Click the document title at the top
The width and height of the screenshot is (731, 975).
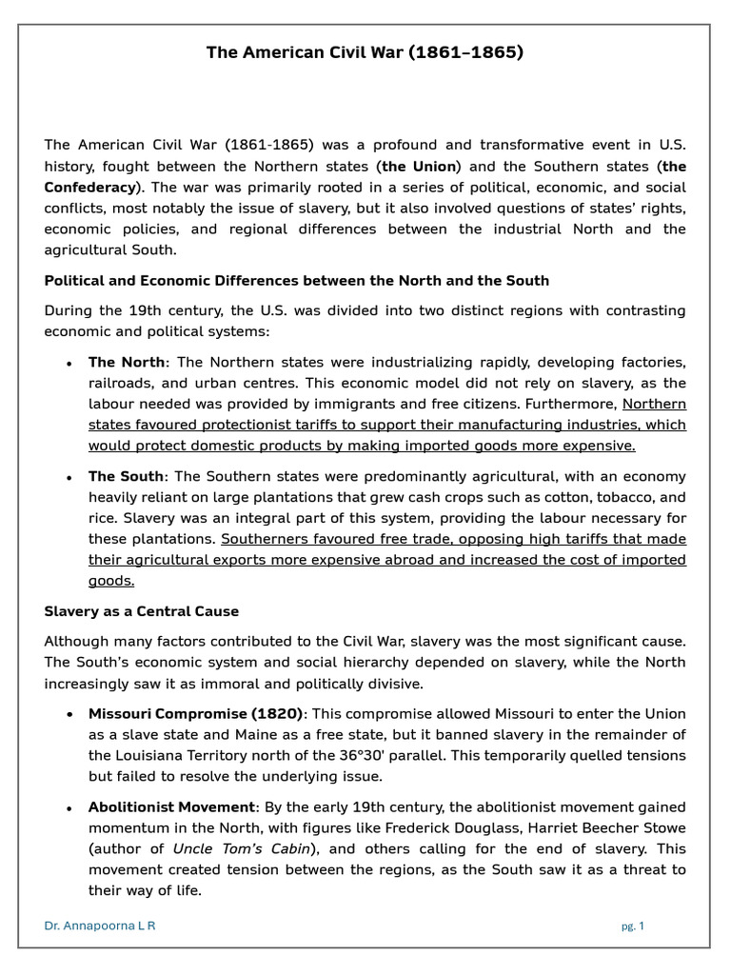(x=365, y=52)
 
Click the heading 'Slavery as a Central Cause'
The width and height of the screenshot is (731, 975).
(x=142, y=611)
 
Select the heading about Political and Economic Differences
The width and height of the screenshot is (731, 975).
(x=297, y=280)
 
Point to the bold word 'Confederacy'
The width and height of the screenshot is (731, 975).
(x=90, y=187)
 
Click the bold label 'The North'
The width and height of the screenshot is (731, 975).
(x=127, y=362)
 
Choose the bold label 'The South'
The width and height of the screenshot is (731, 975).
(x=127, y=476)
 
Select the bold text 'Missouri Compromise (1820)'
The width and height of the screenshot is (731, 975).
(x=195, y=713)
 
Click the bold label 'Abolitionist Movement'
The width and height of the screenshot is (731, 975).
(x=172, y=806)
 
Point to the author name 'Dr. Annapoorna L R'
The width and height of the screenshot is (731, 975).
(x=100, y=925)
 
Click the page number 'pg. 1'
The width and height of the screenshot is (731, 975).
(x=631, y=925)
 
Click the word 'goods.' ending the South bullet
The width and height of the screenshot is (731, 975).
(x=111, y=581)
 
